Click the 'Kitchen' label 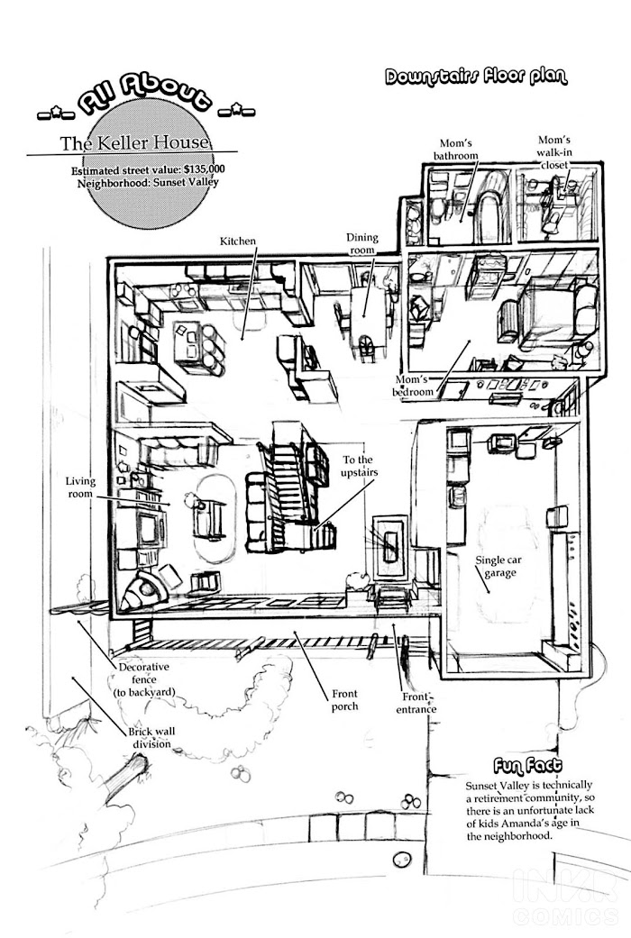pyautogui.click(x=239, y=241)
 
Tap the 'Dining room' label pyautogui.click(x=362, y=243)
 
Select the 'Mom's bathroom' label pyautogui.click(x=454, y=149)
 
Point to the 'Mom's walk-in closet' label pyautogui.click(x=554, y=152)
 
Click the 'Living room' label pyautogui.click(x=80, y=487)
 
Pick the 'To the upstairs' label pyautogui.click(x=358, y=466)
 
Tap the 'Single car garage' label pyautogui.click(x=496, y=566)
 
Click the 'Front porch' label pyautogui.click(x=344, y=700)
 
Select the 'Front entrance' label pyautogui.click(x=416, y=703)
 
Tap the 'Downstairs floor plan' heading pyautogui.click(x=476, y=77)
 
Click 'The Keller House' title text pyautogui.click(x=134, y=143)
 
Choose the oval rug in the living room pyautogui.click(x=215, y=518)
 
